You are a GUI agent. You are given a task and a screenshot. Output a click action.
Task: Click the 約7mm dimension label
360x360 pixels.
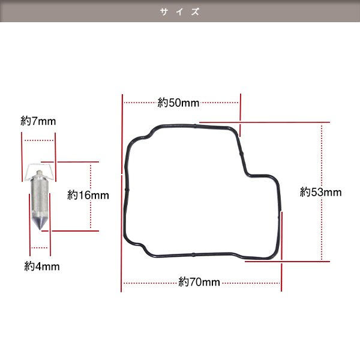[38, 121]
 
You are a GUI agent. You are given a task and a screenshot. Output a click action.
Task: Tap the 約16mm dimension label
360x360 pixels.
[88, 195]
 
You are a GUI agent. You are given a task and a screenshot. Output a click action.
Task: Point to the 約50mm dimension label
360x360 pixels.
[178, 103]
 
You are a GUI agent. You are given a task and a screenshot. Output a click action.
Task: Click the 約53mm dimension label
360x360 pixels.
[320, 193]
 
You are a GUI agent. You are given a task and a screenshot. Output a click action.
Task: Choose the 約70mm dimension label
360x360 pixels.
[200, 282]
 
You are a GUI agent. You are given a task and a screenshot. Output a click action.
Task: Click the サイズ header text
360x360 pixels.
[180, 11]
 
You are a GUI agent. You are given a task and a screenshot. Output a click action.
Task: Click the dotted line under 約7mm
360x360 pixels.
[40, 140]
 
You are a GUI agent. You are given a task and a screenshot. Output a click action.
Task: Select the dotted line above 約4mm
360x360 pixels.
[39, 247]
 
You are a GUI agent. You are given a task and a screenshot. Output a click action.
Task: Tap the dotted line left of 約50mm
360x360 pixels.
[139, 103]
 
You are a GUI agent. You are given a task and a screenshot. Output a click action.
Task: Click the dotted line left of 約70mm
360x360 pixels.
[150, 282]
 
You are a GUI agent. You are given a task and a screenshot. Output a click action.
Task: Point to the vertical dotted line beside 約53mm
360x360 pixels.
[322, 156]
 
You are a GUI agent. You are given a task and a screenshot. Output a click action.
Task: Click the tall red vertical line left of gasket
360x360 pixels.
[122, 192]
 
